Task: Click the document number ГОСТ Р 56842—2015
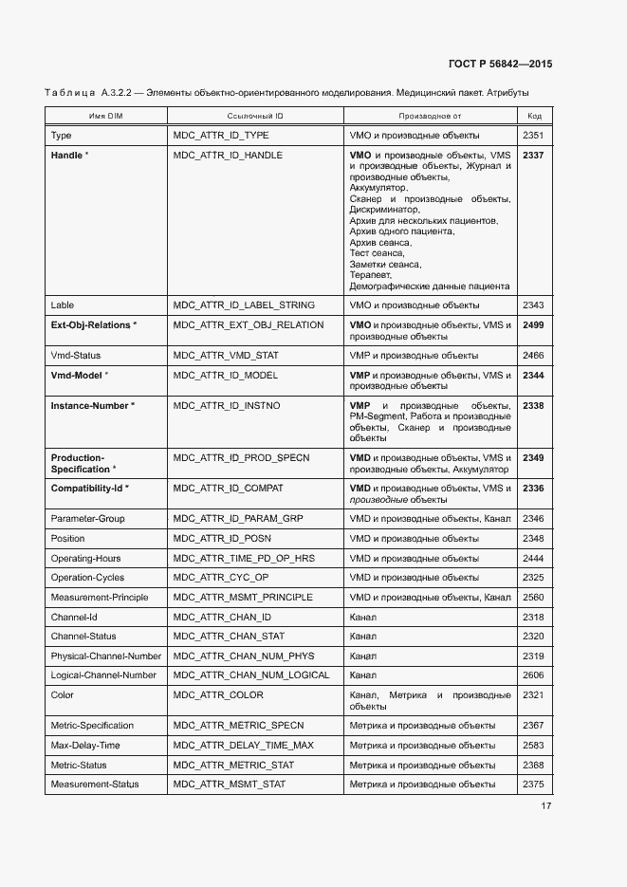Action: tap(500, 64)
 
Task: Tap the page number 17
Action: tap(546, 806)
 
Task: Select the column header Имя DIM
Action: tap(105, 116)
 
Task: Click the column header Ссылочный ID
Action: tap(255, 116)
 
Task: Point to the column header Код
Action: tap(534, 116)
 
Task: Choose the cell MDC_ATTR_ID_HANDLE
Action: tap(228, 155)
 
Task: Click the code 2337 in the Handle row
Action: tap(533, 155)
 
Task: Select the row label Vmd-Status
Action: tap(75, 356)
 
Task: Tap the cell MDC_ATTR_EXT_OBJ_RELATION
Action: tap(249, 325)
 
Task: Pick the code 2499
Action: tap(533, 325)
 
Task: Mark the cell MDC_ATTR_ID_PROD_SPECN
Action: tap(241, 458)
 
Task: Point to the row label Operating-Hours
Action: tap(85, 559)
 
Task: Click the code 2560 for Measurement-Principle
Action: tap(533, 598)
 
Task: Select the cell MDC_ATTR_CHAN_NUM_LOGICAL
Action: tap(251, 675)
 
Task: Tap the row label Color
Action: tap(62, 695)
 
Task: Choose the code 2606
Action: tap(533, 675)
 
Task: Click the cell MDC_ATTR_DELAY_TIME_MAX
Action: tap(243, 746)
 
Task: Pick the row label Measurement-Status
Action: tap(94, 785)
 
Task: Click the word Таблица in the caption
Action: tap(69, 93)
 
